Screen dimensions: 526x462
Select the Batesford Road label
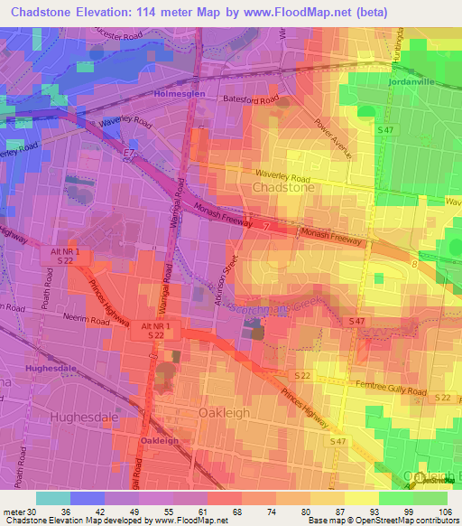pos(244,101)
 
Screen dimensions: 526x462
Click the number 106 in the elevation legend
pos(447,509)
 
